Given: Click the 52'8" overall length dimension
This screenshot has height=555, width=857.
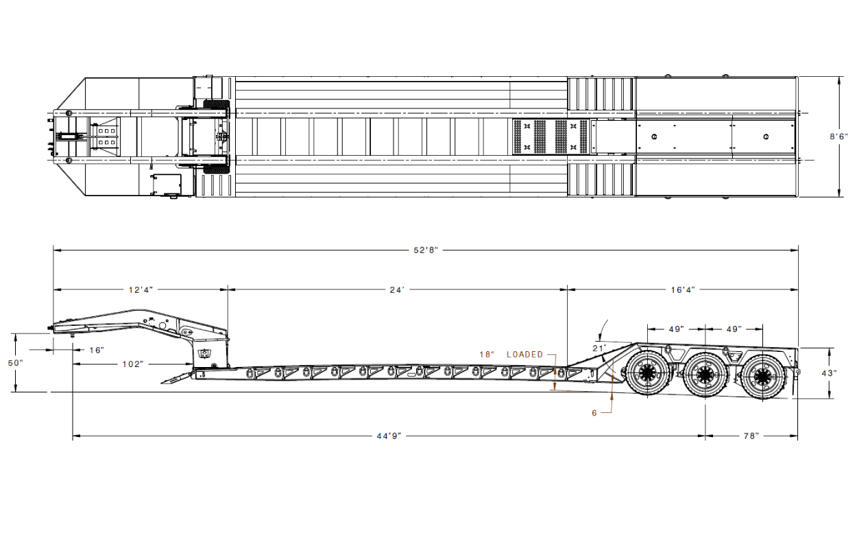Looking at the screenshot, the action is click(426, 250).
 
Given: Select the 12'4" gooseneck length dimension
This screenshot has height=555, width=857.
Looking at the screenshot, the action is click(141, 290).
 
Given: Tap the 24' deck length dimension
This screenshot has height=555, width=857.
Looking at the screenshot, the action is click(397, 290).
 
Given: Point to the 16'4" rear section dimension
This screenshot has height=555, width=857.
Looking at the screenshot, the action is click(683, 290).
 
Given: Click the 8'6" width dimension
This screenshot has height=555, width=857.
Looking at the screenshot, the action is click(838, 137).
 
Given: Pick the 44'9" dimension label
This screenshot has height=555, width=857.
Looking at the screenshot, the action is click(389, 436).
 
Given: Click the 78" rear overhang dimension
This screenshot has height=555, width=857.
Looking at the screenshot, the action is click(751, 436).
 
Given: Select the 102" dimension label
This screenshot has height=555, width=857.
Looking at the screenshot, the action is click(133, 364).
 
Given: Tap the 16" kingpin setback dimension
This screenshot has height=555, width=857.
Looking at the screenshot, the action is click(97, 351).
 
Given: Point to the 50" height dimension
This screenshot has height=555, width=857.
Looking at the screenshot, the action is click(16, 363).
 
